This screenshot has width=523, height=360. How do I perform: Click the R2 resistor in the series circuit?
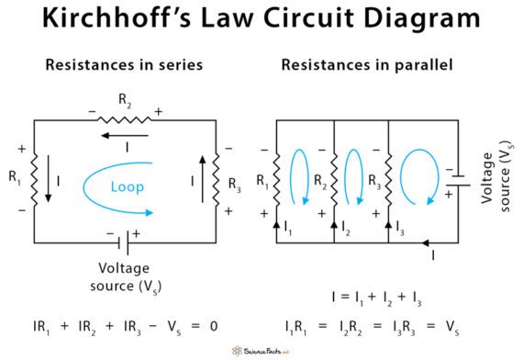124,120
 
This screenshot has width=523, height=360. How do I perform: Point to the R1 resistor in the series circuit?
34,180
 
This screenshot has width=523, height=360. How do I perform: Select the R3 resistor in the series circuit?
217,180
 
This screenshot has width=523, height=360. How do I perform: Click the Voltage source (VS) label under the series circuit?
127,276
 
